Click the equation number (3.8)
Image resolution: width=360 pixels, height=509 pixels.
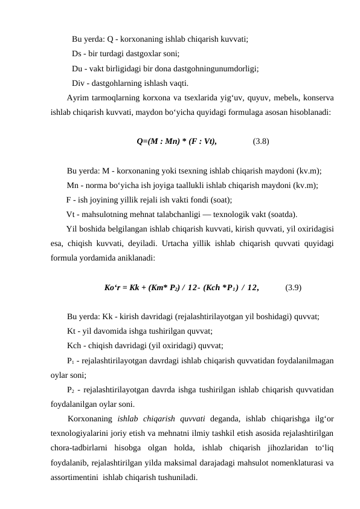261,143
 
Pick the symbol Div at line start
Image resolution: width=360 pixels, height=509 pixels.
78,83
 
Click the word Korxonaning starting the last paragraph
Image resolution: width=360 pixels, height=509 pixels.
90,418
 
